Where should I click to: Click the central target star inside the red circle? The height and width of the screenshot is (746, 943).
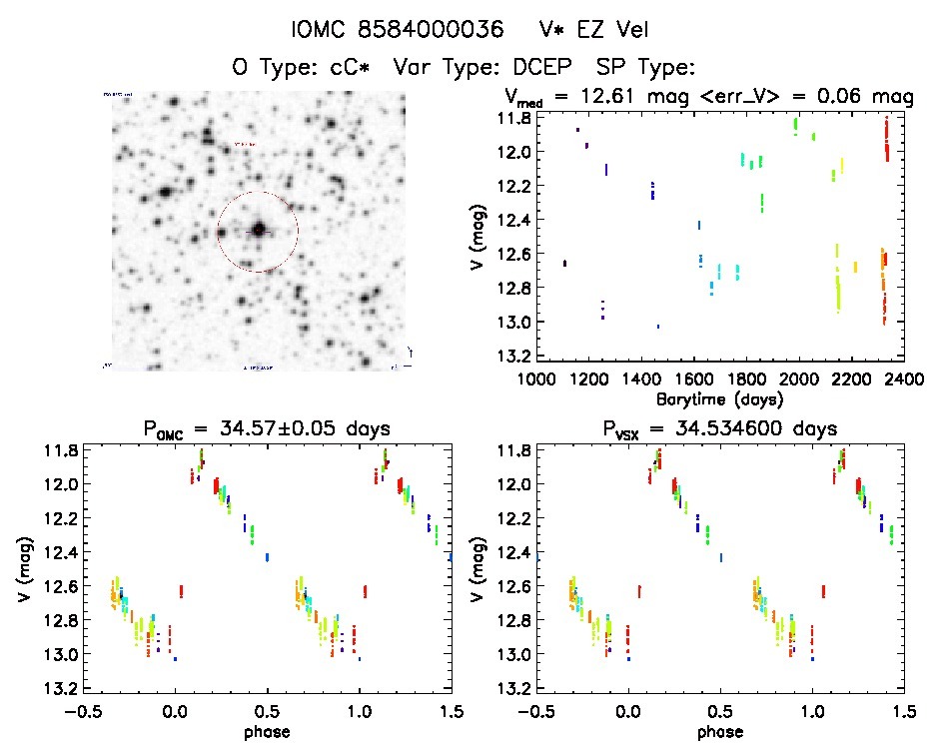258,230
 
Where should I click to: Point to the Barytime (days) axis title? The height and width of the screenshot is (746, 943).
720,398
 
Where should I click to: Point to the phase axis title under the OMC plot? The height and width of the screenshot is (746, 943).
266,731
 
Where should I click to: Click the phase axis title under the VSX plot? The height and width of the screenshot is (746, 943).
720,731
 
